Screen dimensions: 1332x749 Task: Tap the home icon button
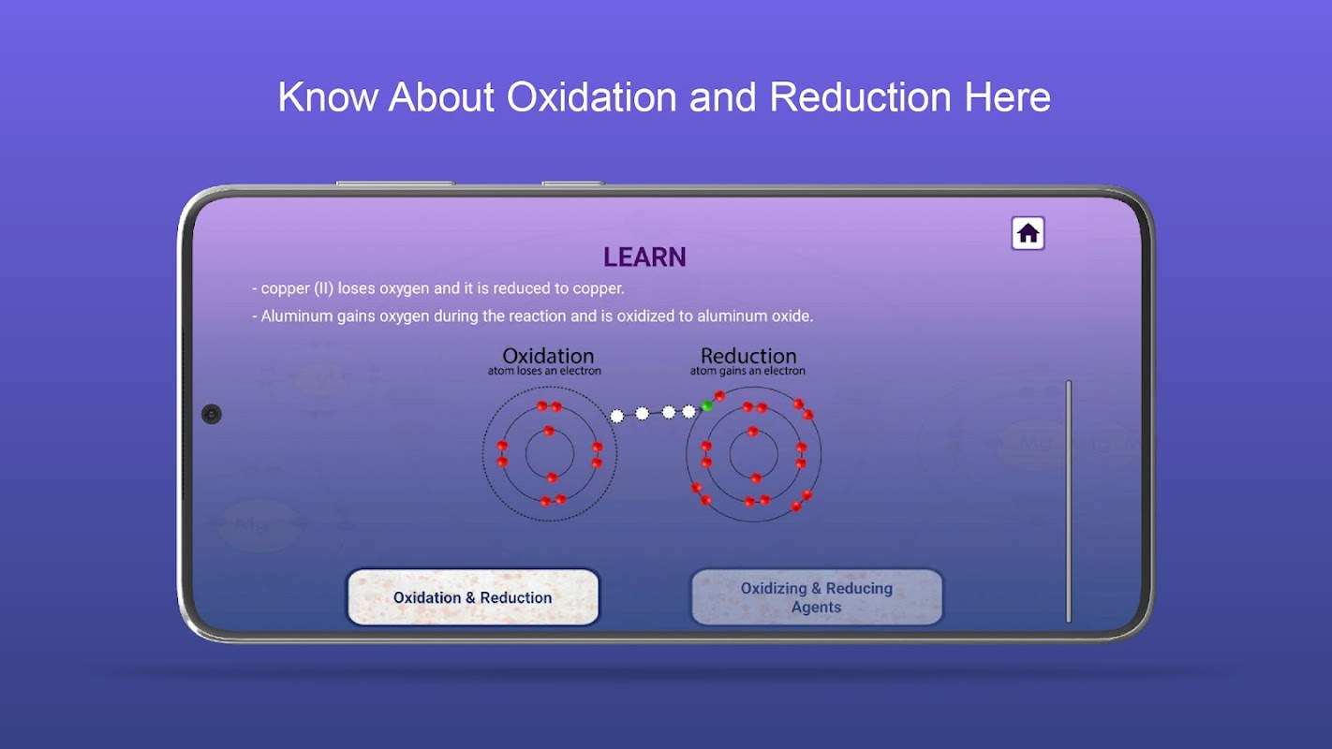tap(1028, 233)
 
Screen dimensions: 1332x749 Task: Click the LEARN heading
tap(644, 257)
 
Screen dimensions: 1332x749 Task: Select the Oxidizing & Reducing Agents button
tap(817, 596)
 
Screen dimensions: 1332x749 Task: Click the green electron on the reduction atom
tap(707, 406)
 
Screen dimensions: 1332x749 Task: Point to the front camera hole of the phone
tap(211, 414)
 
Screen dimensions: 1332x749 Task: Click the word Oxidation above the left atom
tap(548, 356)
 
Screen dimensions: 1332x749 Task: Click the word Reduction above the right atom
tap(748, 356)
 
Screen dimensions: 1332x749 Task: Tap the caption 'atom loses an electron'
tap(544, 371)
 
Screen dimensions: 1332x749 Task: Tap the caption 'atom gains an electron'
tap(747, 371)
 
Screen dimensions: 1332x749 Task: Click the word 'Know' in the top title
tap(327, 96)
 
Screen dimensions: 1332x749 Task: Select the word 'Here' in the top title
tap(1007, 96)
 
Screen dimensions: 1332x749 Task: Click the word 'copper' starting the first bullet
tap(286, 289)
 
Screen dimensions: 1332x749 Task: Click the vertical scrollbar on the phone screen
tap(1069, 501)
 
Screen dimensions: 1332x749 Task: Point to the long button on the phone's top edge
tap(395, 184)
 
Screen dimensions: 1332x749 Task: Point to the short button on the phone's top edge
tap(572, 184)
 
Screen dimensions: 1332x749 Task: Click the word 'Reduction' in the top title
tap(860, 96)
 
